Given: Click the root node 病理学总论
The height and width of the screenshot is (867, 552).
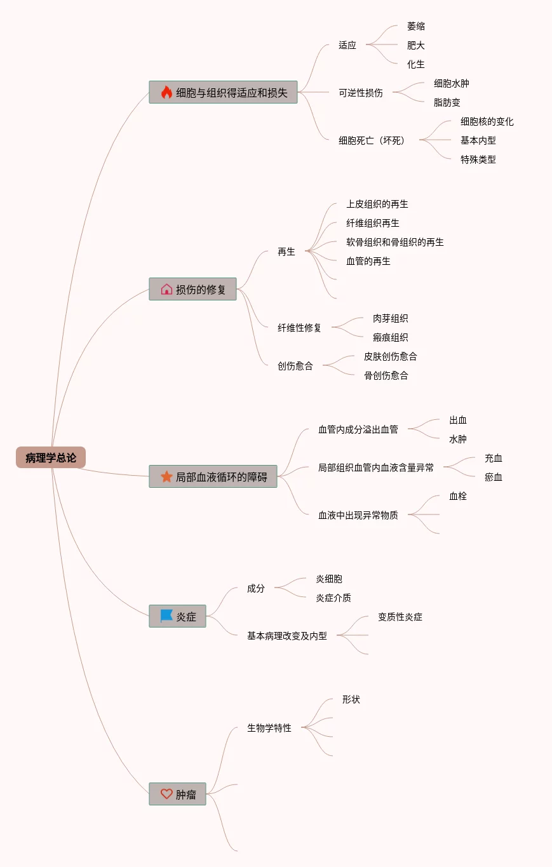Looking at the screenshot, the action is click(51, 457).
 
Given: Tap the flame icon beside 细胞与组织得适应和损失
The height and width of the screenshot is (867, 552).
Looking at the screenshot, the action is click(166, 92).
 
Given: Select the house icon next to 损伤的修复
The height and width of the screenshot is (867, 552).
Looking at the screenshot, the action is click(166, 289).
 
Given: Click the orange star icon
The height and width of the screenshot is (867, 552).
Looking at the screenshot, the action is click(166, 476).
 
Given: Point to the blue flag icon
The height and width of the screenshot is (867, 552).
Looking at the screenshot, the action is click(166, 616).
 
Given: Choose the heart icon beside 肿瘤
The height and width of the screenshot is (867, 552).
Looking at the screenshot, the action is click(166, 794).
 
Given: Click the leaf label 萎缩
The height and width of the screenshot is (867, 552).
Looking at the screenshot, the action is click(415, 26).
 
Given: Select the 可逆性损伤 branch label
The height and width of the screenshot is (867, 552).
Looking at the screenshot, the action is click(360, 93).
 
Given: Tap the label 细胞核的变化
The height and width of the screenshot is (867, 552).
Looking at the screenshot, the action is click(487, 121).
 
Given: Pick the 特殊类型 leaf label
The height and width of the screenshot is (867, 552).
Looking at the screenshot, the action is click(478, 159).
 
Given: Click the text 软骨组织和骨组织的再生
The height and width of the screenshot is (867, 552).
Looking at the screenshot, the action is click(395, 242).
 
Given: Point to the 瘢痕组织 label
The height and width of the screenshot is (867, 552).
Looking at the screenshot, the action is click(390, 337).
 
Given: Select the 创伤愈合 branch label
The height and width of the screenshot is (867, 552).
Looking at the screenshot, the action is click(295, 366).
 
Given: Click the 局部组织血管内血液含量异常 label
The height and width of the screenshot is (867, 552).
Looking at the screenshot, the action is click(376, 467).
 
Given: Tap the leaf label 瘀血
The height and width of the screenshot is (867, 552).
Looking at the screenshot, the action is click(493, 477).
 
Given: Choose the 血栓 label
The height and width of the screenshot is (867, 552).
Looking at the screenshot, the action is click(457, 496).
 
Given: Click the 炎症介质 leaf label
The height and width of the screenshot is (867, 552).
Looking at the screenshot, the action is click(333, 598).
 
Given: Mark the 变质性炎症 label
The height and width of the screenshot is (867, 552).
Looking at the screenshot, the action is click(400, 617).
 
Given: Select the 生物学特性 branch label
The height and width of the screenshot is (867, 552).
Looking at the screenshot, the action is click(269, 728).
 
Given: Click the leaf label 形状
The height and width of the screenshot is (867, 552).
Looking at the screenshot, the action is click(351, 699).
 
